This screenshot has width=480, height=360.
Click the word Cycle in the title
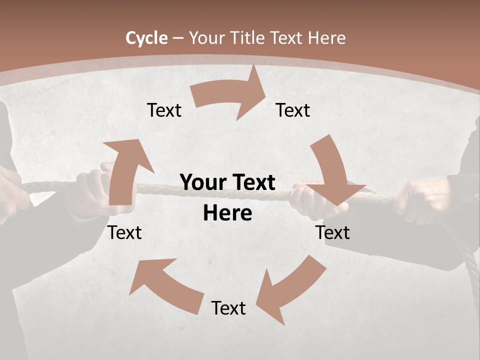tap(146, 38)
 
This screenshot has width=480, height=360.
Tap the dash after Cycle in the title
tap(178, 38)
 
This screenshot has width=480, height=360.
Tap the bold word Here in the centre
tap(227, 213)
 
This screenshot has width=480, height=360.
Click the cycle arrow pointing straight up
tap(125, 170)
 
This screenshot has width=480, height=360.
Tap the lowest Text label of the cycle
tap(228, 308)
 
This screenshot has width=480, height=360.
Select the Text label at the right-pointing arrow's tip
tap(293, 110)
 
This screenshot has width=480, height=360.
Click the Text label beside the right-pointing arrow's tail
tap(164, 110)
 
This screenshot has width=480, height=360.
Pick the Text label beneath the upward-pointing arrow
tap(125, 232)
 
